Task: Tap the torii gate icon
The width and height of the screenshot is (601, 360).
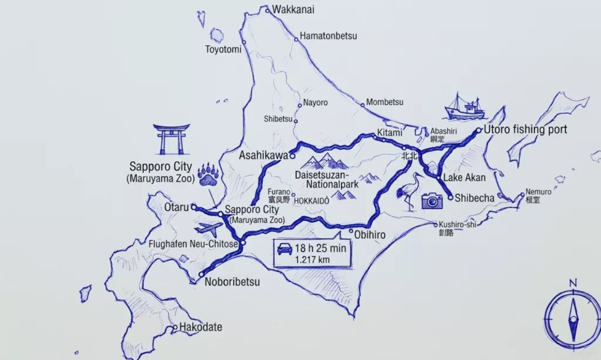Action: point(171,139)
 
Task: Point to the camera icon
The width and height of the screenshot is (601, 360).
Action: point(432,201)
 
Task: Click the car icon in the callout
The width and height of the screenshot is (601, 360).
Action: point(285,249)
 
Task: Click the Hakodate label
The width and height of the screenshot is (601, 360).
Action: point(201,327)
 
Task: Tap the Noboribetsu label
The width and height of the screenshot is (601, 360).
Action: point(232,282)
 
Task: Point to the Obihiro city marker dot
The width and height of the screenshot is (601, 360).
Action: point(350,231)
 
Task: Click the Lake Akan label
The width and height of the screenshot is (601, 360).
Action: point(465,177)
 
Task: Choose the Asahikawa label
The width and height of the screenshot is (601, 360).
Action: point(264,156)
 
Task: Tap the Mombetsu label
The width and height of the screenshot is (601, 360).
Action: point(385,102)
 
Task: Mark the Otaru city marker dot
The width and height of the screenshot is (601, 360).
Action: point(194,207)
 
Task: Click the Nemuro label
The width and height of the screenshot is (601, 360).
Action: point(538,192)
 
